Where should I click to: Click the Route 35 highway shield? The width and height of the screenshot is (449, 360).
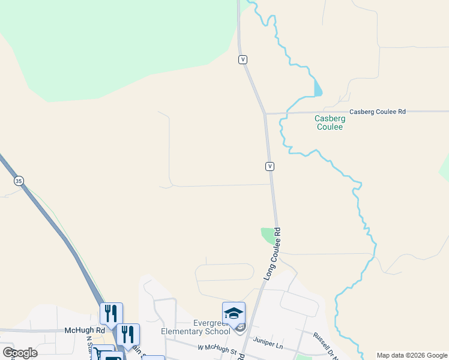tap(19, 181)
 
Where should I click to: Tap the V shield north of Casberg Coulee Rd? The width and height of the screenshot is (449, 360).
tap(243, 59)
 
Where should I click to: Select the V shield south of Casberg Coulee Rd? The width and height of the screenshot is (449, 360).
tap(270, 166)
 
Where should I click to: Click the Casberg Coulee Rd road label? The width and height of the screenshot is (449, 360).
tap(378, 112)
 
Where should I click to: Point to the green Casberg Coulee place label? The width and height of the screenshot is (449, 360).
tap(329, 122)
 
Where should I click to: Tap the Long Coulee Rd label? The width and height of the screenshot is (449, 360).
tap(273, 253)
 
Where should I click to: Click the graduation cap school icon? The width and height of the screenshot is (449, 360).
tap(234, 313)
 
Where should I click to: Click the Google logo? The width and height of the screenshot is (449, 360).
tap(19, 353)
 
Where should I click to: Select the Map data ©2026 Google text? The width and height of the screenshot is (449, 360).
tap(412, 355)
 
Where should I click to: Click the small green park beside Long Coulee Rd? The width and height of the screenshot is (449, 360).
tap(268, 235)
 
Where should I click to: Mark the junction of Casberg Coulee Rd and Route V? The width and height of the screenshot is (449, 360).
tap(265, 113)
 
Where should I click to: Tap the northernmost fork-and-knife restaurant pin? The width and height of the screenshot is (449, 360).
tap(111, 313)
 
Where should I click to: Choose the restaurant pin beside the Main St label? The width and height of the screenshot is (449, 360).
tap(128, 334)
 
